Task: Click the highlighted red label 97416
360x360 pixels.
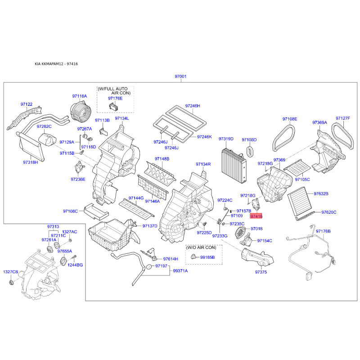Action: [x=256, y=216]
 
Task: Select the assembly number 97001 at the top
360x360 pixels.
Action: [x=180, y=76]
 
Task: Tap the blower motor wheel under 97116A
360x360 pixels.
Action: [x=81, y=112]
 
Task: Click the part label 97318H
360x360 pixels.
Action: [x=31, y=162]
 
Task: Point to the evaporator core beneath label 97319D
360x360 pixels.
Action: [x=234, y=165]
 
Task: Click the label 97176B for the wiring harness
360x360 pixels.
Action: [x=323, y=231]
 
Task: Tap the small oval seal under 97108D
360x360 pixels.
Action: [x=250, y=151]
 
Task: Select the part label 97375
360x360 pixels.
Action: [x=261, y=272]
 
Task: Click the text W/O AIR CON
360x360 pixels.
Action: [x=201, y=247]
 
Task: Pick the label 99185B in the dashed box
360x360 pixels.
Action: [x=207, y=257]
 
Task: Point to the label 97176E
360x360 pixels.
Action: [x=115, y=98]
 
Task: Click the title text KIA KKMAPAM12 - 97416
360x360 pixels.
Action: [x=56, y=64]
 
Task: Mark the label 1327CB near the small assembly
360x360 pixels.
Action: [x=10, y=272]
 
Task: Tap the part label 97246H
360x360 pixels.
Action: [x=193, y=106]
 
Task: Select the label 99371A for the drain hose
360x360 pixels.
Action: [x=180, y=271]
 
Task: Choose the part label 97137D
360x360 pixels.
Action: [x=150, y=226]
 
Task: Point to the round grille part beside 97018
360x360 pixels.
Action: [x=240, y=232]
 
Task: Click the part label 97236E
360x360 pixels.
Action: [x=78, y=179]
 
